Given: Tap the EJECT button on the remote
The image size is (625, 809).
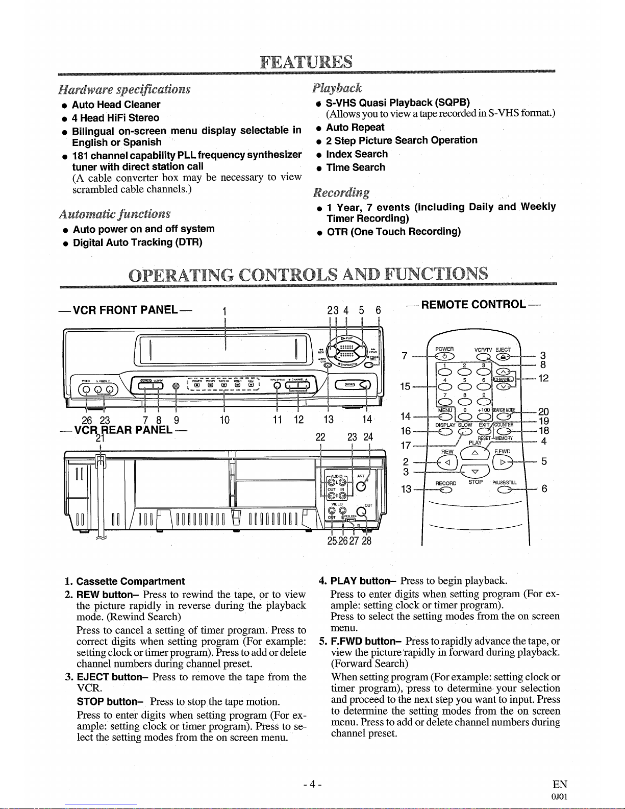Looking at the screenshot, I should coord(503,356).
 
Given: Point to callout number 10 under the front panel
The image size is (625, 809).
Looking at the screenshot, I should coord(224,420).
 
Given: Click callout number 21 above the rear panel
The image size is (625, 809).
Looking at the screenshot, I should coord(100,437).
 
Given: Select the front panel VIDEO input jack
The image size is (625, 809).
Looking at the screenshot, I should coord(87,390).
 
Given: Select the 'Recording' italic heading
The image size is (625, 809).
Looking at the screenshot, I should coord(341,192).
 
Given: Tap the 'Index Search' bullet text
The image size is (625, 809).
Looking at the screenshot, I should coord(357,154).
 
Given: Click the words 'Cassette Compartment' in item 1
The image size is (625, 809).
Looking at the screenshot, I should coord(130,581).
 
